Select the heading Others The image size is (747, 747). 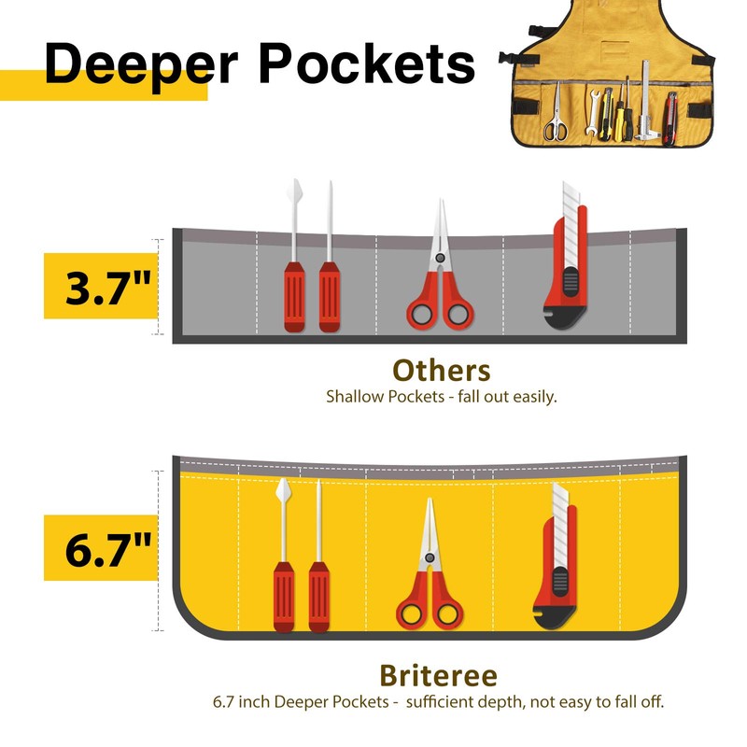click(441, 371)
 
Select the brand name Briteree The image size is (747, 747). click(438, 675)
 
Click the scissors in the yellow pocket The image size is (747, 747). click(429, 579)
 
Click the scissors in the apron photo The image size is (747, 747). click(556, 119)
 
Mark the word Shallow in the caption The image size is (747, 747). click(354, 396)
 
